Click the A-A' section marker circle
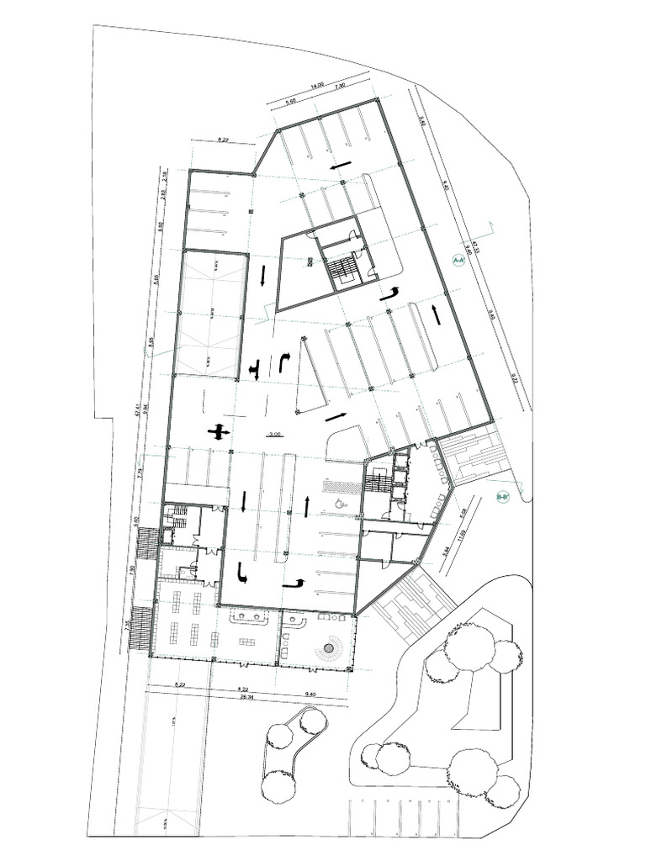click(458, 261)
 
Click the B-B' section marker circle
click(503, 498)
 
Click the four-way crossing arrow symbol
click(220, 432)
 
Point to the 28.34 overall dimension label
click(247, 697)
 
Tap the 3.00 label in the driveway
click(274, 435)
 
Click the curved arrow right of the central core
click(389, 293)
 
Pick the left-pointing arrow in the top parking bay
click(341, 167)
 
